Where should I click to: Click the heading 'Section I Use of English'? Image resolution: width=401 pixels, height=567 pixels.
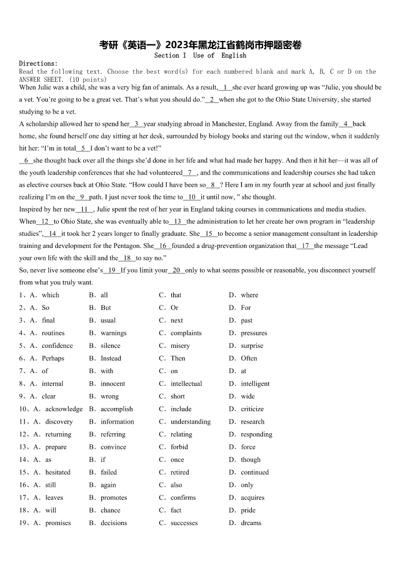[200, 56]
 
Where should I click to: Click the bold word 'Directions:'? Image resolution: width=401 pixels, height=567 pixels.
[38, 64]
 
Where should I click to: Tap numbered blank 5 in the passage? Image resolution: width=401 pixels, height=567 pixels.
[83, 148]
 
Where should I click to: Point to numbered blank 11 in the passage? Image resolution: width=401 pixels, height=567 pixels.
[84, 209]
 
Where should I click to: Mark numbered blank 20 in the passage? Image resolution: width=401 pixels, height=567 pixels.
[176, 270]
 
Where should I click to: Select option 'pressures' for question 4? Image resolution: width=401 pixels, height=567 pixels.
[254, 333]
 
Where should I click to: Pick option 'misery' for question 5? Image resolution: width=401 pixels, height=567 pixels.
[180, 346]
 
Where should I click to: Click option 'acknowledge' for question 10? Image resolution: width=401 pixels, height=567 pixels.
[64, 409]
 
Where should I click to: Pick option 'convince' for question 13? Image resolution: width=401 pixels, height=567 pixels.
[113, 447]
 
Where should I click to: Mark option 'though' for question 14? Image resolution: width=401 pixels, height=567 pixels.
[250, 459]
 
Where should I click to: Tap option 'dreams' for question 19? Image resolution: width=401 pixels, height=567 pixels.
[251, 523]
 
